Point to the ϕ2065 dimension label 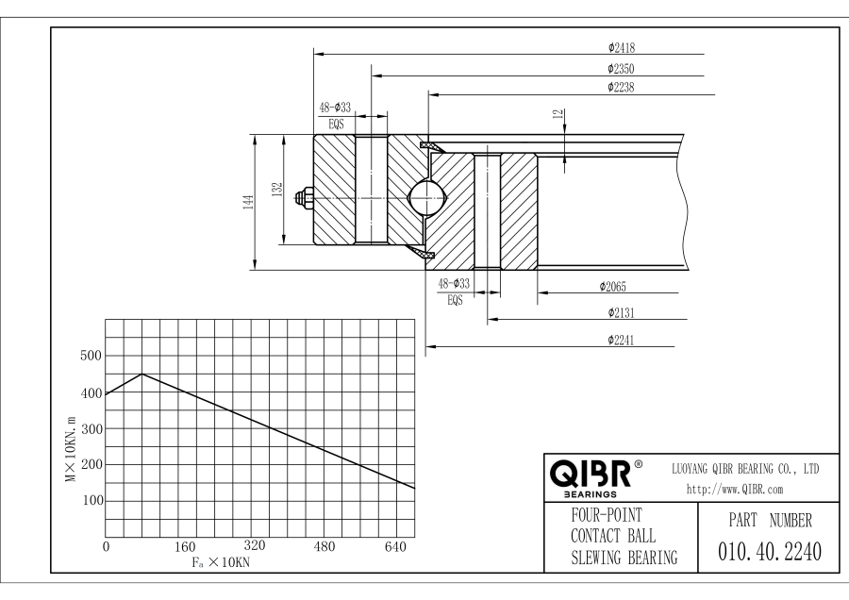coord(615,286)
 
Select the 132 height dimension coord(275,190)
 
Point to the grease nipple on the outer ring coord(304,199)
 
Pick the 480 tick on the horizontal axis coord(325,546)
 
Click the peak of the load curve coord(141,375)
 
